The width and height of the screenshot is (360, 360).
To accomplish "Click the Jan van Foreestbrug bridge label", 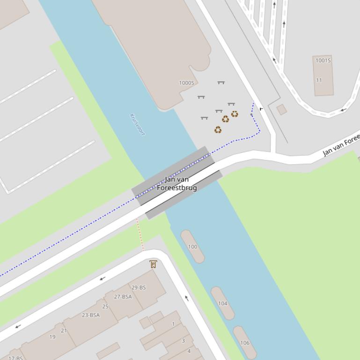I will pos(177,183).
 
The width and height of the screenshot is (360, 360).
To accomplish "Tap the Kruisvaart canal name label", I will pos(137,124).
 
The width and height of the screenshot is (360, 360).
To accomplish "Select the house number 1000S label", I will pos(186,83).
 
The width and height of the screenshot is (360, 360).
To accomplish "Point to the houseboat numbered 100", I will pos(192,246).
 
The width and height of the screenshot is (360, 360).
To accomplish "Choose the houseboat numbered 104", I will pos(222,303).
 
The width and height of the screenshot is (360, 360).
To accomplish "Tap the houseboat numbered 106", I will pos(245,343).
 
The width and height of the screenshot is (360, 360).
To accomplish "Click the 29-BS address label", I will pos(139,288).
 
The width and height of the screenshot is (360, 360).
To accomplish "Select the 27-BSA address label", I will pos(123,296).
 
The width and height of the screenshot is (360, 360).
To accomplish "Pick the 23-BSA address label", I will pos(91,315).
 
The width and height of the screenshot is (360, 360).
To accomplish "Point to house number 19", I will pos(52,337).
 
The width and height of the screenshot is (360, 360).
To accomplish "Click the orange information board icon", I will pos(153,264).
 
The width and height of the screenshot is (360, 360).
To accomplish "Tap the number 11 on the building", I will pos(319,80).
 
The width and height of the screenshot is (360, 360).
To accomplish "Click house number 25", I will pos(105,307).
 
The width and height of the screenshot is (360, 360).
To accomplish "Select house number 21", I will pos(64,330).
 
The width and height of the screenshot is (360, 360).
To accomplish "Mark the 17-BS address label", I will pos(15,358).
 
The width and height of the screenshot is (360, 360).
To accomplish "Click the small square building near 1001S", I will pos(281,109).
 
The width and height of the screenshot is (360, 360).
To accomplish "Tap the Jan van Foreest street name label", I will pos(341,145).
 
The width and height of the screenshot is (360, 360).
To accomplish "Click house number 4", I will pos(189,351).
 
